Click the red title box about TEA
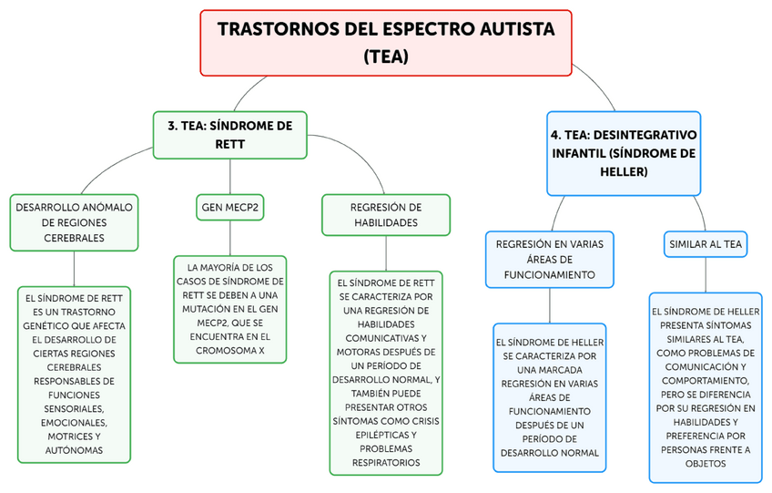pyautogui.click(x=386, y=42)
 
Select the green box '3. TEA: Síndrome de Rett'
pyautogui.click(x=229, y=135)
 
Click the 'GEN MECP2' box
pyautogui.click(x=229, y=209)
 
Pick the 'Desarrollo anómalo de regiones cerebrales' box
pyautogui.click(x=74, y=222)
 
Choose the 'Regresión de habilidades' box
pyautogui.click(x=386, y=215)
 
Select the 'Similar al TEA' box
pyautogui.click(x=706, y=244)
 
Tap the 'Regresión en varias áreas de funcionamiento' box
pyautogui.click(x=549, y=259)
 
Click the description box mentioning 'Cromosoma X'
pyautogui.click(x=229, y=309)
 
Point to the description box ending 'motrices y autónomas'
pyautogui.click(x=74, y=374)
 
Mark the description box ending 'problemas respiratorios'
pyautogui.click(x=386, y=372)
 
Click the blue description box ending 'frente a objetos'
pyautogui.click(x=706, y=387)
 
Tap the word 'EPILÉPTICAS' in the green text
pyautogui.click(x=386, y=435)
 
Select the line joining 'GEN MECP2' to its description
pyautogui.click(x=229, y=239)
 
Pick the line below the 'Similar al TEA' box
pyautogui.click(x=706, y=275)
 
